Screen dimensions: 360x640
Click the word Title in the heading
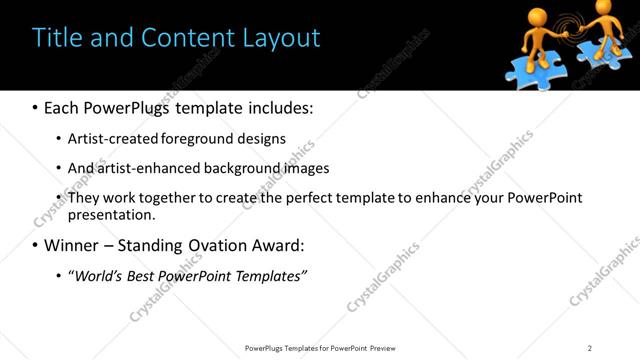pyautogui.click(x=56, y=38)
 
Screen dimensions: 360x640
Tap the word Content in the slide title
pyautogui.click(x=191, y=38)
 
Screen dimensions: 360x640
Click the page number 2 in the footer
pyautogui.click(x=589, y=348)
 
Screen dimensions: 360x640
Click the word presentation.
pyautogui.click(x=112, y=214)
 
